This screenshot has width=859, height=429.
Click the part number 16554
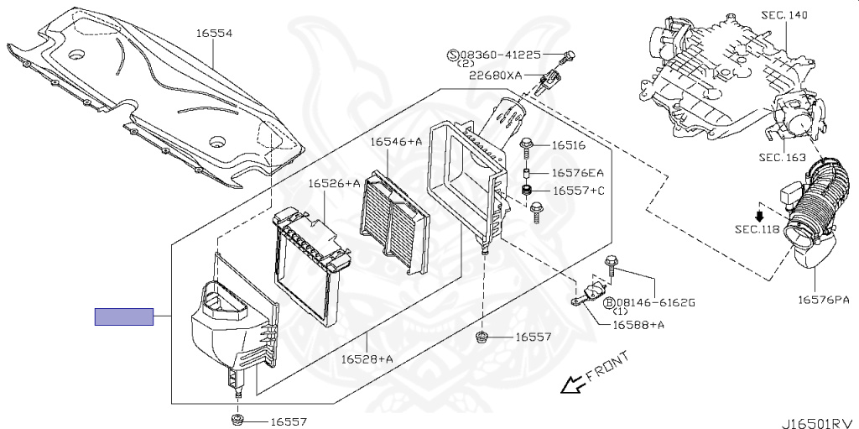coord(214,34)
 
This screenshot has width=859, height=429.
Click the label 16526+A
coord(334,183)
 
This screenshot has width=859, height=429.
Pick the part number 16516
coord(568,145)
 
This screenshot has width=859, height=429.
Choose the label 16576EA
coord(577,173)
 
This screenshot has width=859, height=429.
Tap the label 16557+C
coord(578,191)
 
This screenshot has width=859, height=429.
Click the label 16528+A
coord(367,358)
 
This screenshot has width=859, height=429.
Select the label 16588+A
coord(639,325)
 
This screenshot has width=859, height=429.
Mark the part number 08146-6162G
coord(657,301)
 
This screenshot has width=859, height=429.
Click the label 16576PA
coord(823,299)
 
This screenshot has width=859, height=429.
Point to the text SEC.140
coord(787,15)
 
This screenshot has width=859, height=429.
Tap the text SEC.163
coord(782,157)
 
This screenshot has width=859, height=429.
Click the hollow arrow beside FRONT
coord(572,385)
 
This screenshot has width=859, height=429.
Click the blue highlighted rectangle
coord(124,317)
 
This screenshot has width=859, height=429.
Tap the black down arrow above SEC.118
coord(758,214)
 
